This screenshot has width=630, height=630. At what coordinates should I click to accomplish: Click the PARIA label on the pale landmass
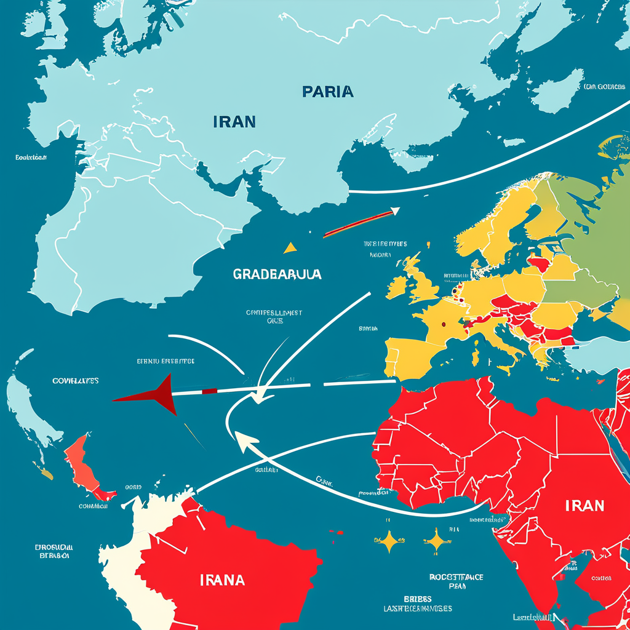[x=328, y=92]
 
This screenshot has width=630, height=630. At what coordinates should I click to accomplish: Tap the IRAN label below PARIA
[x=234, y=121]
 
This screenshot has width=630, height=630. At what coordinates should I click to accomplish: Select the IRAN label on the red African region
[x=584, y=506]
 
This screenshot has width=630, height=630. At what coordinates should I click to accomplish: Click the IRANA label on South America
[x=222, y=580]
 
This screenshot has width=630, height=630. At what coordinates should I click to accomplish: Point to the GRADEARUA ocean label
[x=277, y=274]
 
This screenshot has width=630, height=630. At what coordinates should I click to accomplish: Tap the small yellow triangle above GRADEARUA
[x=290, y=248]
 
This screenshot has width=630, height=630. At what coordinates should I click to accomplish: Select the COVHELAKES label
[x=76, y=381]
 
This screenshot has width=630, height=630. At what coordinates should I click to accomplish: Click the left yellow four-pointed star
[x=389, y=541]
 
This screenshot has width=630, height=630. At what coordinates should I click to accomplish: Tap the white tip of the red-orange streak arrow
[x=394, y=212]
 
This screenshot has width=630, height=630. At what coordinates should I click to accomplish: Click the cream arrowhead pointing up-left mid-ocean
[x=245, y=439]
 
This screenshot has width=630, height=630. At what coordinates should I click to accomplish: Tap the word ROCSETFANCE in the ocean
[x=456, y=577]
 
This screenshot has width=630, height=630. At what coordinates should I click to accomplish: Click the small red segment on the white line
[x=209, y=391]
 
